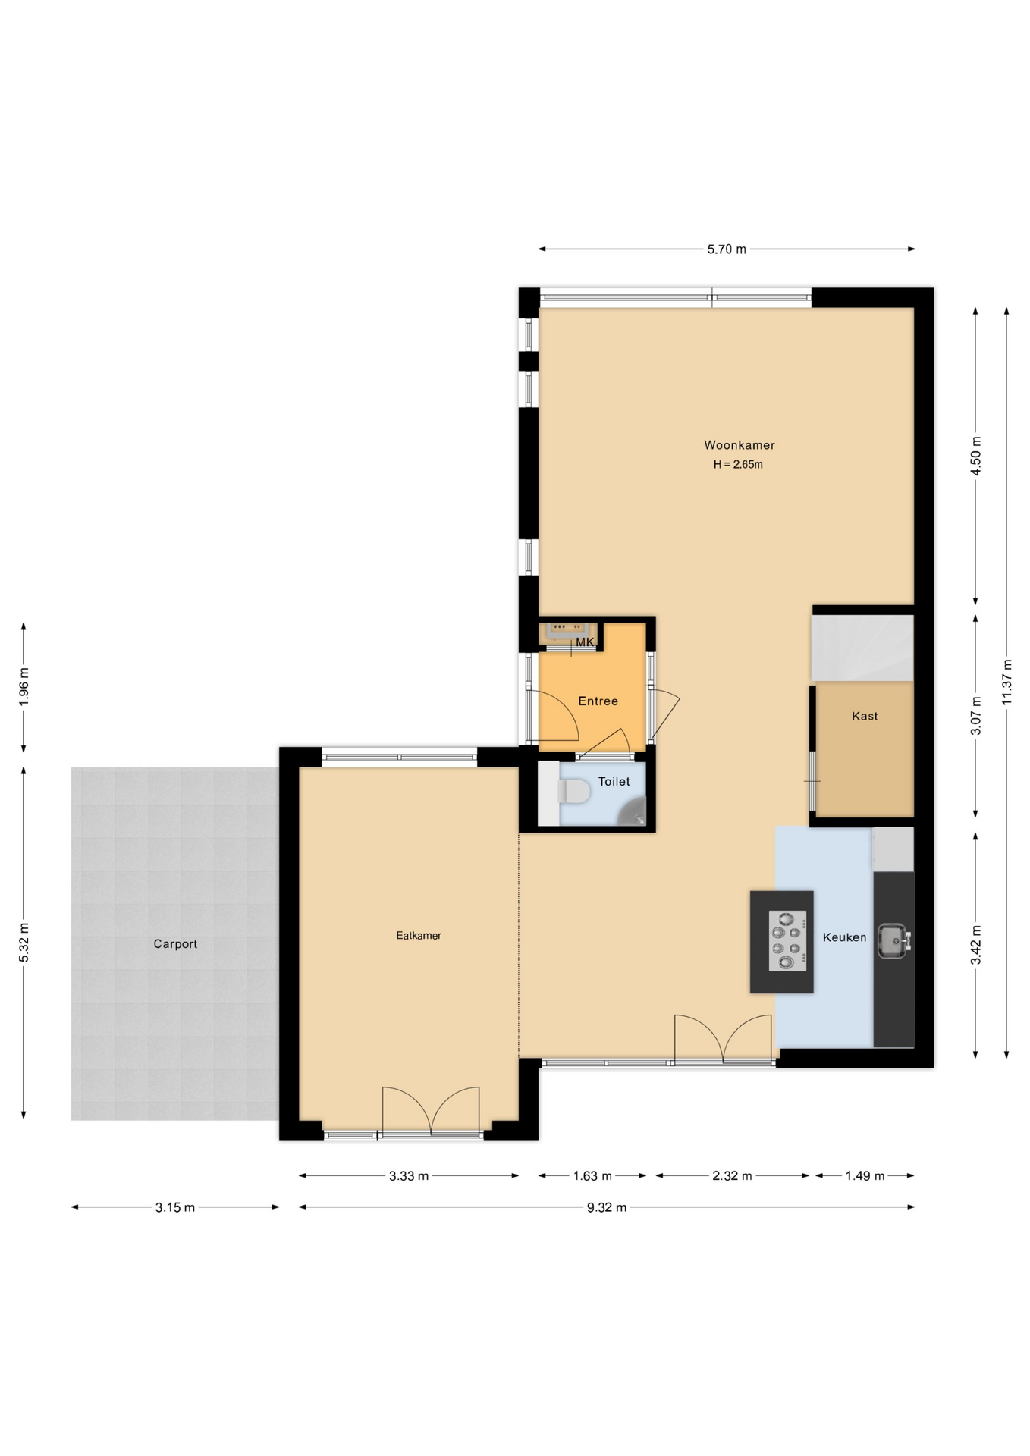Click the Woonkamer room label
pyautogui.click(x=739, y=445)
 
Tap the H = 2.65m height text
pyautogui.click(x=737, y=465)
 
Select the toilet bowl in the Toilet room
pyautogui.click(x=574, y=792)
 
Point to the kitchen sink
pyautogui.click(x=893, y=940)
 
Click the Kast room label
pyautogui.click(x=864, y=716)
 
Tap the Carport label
pyautogui.click(x=175, y=944)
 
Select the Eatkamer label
pyautogui.click(x=418, y=936)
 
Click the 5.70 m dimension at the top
pyautogui.click(x=726, y=249)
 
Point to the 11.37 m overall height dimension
pyautogui.click(x=1006, y=680)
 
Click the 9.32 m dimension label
pyautogui.click(x=606, y=1207)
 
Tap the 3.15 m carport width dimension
pyautogui.click(x=175, y=1207)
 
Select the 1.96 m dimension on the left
pyautogui.click(x=24, y=687)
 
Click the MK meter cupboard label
pyautogui.click(x=584, y=642)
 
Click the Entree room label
pyautogui.click(x=598, y=701)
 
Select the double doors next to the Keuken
pyautogui.click(x=723, y=1039)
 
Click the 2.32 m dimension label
pyautogui.click(x=731, y=1176)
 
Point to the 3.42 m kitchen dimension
pyautogui.click(x=975, y=945)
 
